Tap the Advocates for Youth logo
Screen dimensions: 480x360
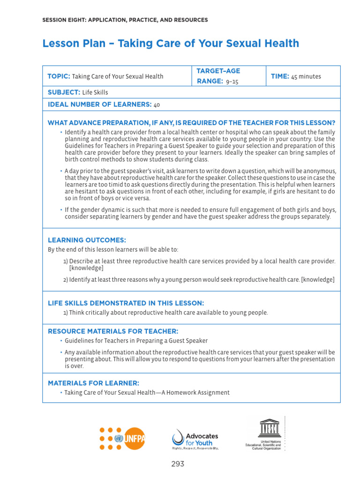[x=195, y=439]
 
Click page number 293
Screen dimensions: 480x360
[x=178, y=464]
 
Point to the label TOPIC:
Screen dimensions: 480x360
[x=59, y=76]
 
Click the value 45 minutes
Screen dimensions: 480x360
[x=306, y=76]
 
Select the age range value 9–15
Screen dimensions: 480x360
[x=229, y=82]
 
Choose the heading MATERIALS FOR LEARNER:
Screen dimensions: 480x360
[x=93, y=383]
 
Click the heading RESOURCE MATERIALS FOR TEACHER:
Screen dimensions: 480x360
[x=113, y=331]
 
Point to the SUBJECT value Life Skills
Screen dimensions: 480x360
[x=95, y=92]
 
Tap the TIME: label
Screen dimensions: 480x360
[x=280, y=76]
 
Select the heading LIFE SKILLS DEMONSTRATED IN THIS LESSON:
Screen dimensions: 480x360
[x=126, y=303]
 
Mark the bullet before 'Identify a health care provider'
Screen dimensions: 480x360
[x=61, y=133]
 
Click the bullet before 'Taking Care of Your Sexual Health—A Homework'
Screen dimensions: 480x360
[x=61, y=393]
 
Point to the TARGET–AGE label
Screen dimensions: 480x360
[x=218, y=71]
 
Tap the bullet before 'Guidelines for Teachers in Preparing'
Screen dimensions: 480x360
[x=61, y=341]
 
